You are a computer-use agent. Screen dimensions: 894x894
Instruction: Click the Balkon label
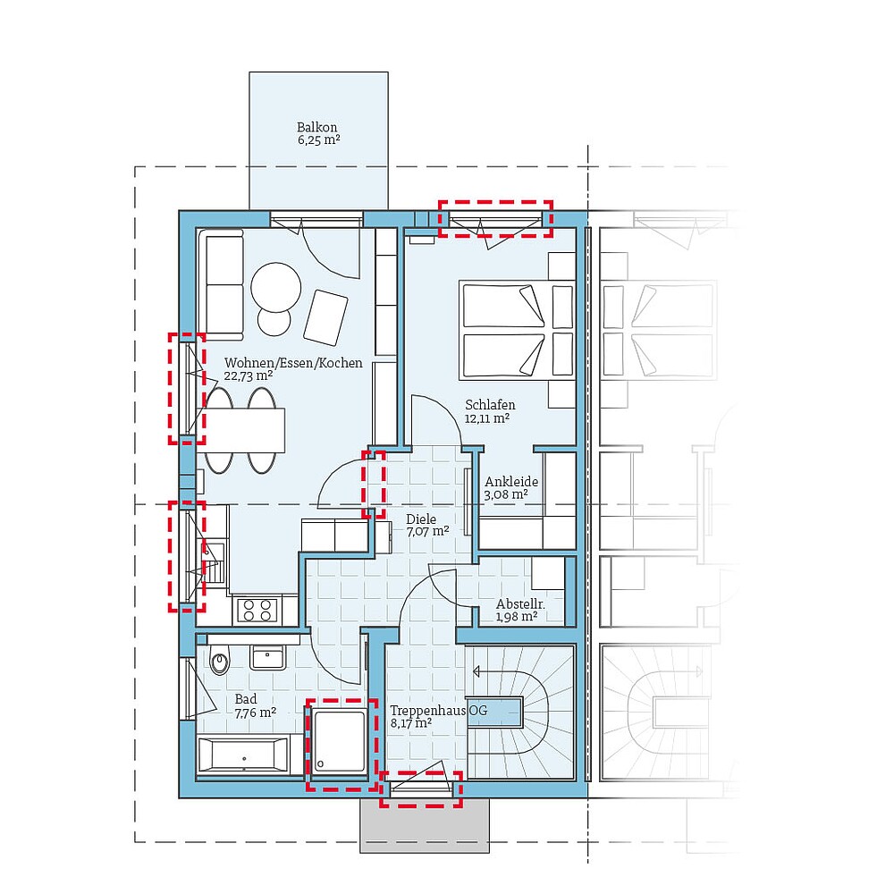pos(317,127)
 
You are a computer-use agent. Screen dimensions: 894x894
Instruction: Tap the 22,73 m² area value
pos(249,376)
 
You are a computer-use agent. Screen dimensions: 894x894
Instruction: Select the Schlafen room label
pos(490,405)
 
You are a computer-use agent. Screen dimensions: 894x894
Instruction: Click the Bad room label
pos(246,699)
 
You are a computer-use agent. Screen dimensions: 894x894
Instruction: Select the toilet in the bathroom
pos(217,662)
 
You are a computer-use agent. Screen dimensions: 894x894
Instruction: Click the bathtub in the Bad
pos(243,756)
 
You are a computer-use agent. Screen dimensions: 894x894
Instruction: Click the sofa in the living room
pos(222,284)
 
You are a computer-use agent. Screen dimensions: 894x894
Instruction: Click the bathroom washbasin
pos(267,657)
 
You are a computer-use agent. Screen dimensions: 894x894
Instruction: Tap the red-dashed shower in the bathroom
pos(337,743)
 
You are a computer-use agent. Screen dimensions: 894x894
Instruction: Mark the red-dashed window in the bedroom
pos(495,219)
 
